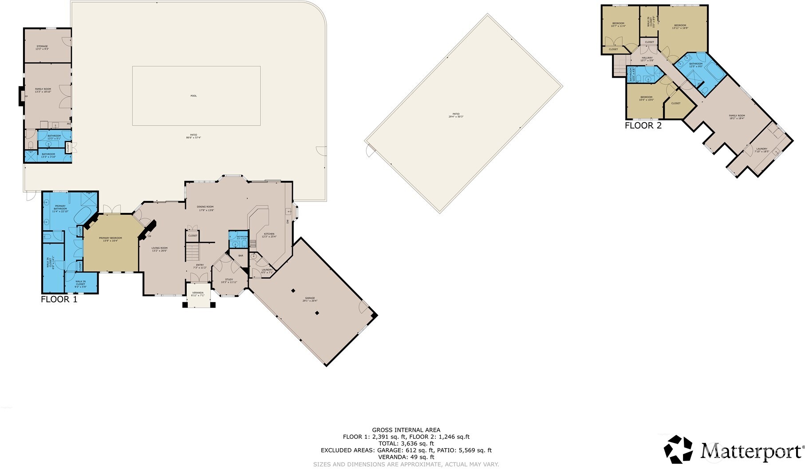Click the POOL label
tap(193, 96)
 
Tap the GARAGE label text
tap(310, 298)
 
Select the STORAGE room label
tap(42, 46)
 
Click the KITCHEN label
tap(269, 234)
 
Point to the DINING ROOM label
tap(205, 207)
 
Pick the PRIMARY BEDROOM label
tap(110, 238)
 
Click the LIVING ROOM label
tap(159, 248)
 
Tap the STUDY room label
tap(229, 280)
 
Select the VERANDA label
tap(197, 293)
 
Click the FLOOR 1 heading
tap(59, 300)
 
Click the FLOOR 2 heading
tap(643, 126)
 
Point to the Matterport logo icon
tap(678, 449)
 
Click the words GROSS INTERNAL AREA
tap(406, 430)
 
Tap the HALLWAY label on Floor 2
tap(647, 58)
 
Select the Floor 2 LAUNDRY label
tap(762, 149)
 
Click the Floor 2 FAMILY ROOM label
tap(737, 116)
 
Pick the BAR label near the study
tap(241, 256)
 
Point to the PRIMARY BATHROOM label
tap(60, 207)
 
